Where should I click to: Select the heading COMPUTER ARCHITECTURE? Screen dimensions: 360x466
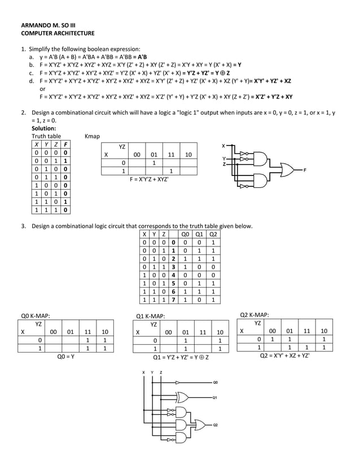pyautogui.click(x=58, y=34)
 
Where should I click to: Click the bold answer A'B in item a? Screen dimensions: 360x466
pyautogui.click(x=141, y=57)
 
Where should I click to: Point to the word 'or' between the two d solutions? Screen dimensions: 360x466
pyautogui.click(x=42, y=89)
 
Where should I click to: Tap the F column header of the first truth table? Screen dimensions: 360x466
pyautogui.click(x=65, y=144)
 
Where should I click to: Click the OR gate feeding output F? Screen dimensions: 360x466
pyautogui.click(x=282, y=169)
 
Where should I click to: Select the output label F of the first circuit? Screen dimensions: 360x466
pyautogui.click(x=305, y=169)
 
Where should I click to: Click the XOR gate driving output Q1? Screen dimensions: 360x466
pyautogui.click(x=183, y=397)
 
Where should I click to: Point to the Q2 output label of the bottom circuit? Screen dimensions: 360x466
pyautogui.click(x=215, y=424)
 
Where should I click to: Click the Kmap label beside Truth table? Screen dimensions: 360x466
pyautogui.click(x=91, y=136)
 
